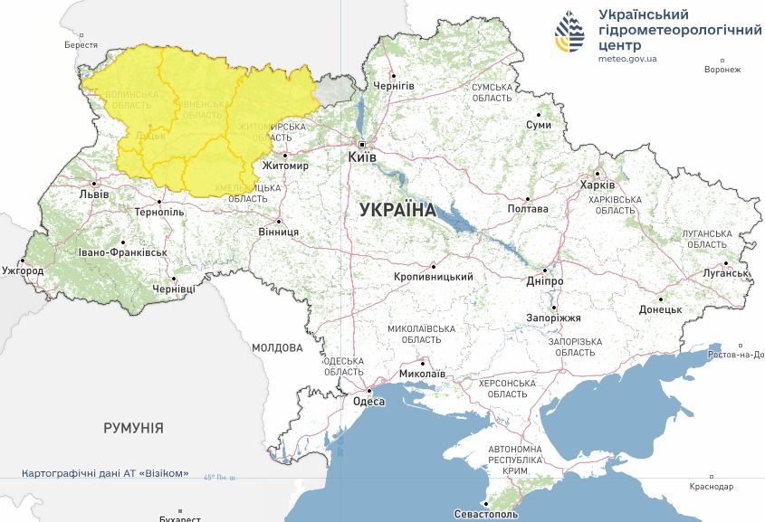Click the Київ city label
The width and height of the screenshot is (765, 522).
[x=362, y=157]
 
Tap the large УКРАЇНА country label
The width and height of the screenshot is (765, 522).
[x=397, y=210]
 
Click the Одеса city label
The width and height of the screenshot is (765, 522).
[x=368, y=402]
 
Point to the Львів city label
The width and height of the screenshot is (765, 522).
[x=94, y=195]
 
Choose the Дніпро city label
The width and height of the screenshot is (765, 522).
[x=545, y=281]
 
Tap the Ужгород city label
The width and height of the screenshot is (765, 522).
[x=23, y=270]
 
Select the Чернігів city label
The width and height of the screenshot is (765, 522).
[x=394, y=85]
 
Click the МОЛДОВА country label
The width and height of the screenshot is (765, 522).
[x=277, y=347]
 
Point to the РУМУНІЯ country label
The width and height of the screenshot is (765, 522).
[x=133, y=427]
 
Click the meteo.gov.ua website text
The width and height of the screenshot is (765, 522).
[x=628, y=59]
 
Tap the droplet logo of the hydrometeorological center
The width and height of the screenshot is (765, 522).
[x=570, y=34]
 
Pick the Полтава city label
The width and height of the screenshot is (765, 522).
[x=530, y=209]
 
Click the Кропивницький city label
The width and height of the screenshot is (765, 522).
[x=435, y=277]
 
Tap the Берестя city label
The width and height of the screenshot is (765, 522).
[x=81, y=44]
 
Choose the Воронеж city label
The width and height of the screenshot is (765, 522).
[x=722, y=70]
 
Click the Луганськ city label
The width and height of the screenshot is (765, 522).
[x=722, y=272]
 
